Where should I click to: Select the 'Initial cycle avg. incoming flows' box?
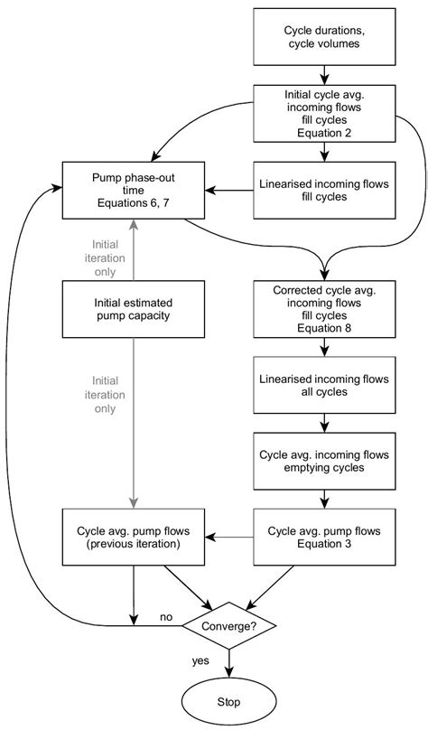(323, 111)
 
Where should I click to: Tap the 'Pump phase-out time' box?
(134, 190)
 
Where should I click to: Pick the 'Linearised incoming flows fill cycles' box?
(323, 190)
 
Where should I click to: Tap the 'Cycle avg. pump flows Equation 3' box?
(323, 537)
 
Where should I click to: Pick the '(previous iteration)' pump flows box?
(134, 537)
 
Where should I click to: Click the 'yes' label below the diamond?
(200, 660)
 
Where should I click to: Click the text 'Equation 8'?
(323, 329)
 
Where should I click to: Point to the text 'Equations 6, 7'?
(134, 204)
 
